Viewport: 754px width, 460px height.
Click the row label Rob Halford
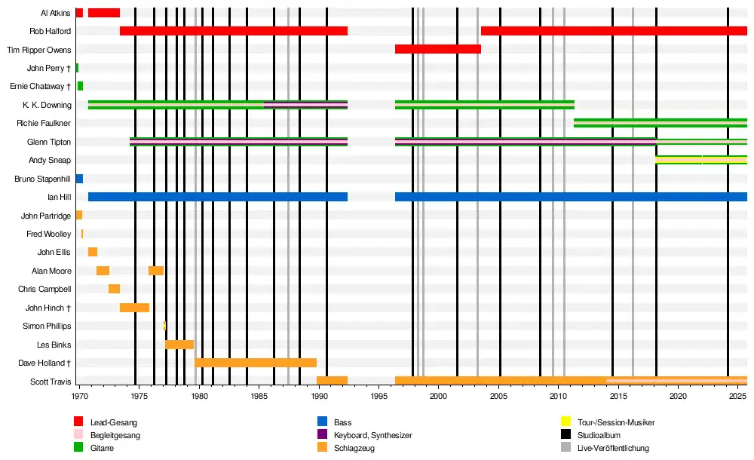click(x=51, y=31)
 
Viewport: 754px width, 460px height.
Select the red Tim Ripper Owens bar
click(x=437, y=49)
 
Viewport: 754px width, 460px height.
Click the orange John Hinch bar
click(x=134, y=308)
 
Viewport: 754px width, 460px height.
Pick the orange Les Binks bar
click(x=179, y=345)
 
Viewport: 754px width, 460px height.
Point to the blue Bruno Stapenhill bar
click(x=79, y=179)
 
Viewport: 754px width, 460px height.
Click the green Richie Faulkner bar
click(x=660, y=123)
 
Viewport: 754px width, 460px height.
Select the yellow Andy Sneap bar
click(x=679, y=160)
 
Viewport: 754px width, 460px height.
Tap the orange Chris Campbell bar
click(x=114, y=289)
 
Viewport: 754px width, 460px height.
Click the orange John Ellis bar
click(x=93, y=252)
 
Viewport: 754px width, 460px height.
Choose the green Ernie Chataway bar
click(x=80, y=86)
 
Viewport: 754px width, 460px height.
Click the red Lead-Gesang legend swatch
click(x=78, y=422)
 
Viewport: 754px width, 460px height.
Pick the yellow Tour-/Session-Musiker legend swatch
click(x=565, y=422)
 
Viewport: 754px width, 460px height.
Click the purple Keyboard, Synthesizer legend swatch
click(x=322, y=435)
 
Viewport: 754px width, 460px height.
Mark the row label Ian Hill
click(x=59, y=197)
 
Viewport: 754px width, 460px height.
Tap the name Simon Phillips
click(x=47, y=326)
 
